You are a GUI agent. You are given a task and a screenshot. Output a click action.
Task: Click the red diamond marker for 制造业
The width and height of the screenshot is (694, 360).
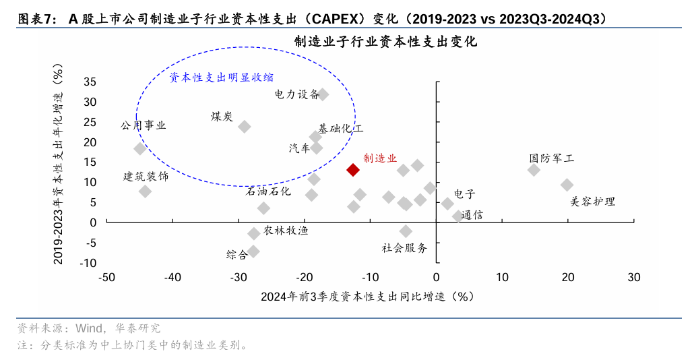[x=352, y=170]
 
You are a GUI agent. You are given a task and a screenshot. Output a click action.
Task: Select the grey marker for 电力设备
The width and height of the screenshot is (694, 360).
[x=323, y=94]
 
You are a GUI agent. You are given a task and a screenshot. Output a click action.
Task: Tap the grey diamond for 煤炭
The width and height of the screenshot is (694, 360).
[x=245, y=127]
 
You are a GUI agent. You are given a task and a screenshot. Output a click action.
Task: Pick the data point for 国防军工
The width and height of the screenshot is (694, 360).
[x=534, y=170]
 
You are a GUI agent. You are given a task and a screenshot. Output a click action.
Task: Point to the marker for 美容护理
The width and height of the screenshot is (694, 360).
[x=567, y=185]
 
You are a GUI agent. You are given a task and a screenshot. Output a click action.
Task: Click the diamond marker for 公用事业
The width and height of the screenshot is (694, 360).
[x=140, y=148]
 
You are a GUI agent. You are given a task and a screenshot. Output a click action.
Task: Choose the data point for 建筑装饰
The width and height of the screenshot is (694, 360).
[x=145, y=191]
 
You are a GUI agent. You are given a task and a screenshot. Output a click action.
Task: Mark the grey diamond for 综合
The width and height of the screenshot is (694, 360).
[x=253, y=251]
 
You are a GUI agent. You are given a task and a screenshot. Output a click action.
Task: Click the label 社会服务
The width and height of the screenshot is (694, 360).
[x=404, y=247]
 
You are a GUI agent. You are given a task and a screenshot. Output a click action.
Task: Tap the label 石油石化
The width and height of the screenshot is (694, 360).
[x=268, y=191]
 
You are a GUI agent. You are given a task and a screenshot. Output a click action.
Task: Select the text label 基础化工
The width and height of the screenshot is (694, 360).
[x=340, y=128]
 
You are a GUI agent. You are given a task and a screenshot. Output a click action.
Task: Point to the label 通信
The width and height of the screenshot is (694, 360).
[x=472, y=215]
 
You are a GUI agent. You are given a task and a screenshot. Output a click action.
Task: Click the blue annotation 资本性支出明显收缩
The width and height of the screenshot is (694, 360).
[x=221, y=78]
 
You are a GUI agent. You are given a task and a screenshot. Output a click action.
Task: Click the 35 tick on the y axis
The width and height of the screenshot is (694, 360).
[x=90, y=82]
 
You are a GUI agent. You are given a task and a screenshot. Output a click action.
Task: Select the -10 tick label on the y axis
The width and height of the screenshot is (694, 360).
[x=88, y=263]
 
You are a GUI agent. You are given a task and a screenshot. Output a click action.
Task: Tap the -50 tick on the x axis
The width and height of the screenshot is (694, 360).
[x=107, y=277]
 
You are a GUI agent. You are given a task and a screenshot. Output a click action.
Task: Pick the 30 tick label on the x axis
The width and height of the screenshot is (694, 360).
[x=633, y=277]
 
